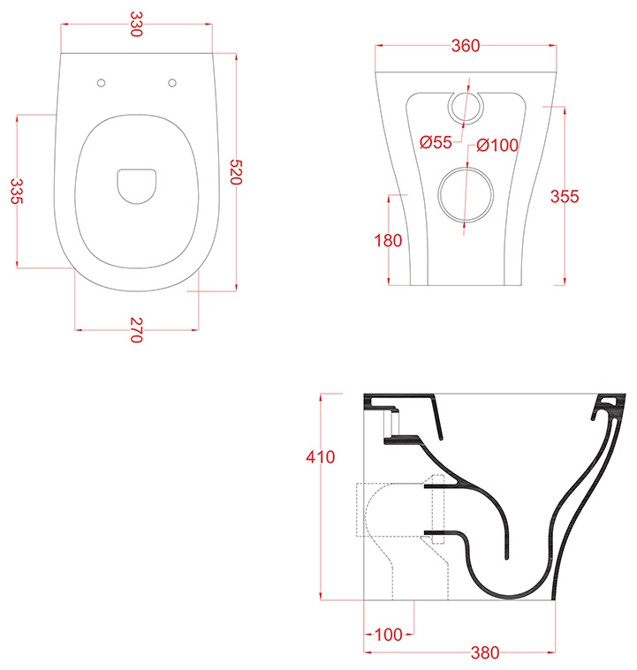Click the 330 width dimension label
click(x=136, y=24)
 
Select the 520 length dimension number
click(x=236, y=172)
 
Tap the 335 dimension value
click(x=16, y=191)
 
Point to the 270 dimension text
click(x=136, y=330)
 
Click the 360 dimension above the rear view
click(x=466, y=46)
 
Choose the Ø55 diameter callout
click(x=436, y=142)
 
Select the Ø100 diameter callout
click(x=497, y=146)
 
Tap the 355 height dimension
click(x=565, y=197)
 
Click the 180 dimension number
click(x=388, y=241)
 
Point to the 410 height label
click(x=321, y=457)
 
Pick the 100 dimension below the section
click(x=389, y=635)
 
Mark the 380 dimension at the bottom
click(x=485, y=653)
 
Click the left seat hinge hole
click(x=102, y=83)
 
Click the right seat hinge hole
click(x=172, y=83)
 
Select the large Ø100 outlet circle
click(x=466, y=168)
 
